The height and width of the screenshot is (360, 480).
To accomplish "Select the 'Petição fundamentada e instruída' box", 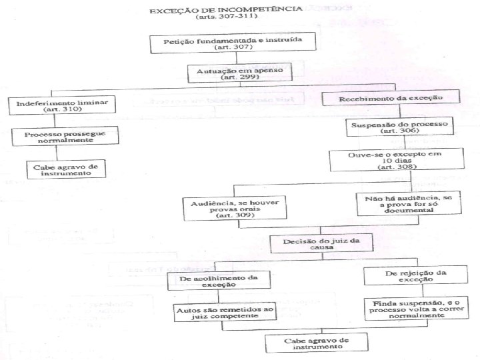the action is [x=227, y=44].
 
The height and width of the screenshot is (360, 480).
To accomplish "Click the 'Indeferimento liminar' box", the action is [x=62, y=105].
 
